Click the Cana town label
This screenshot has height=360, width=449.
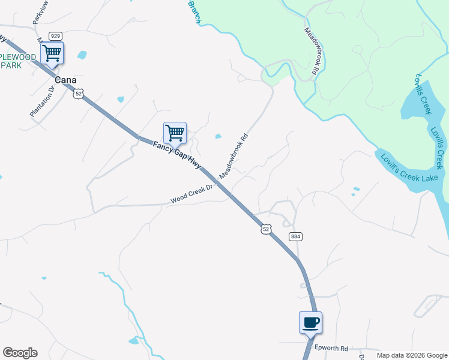(x=66, y=79)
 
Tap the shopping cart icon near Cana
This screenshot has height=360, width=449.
(x=52, y=53)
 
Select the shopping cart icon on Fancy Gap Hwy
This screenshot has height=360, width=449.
(x=175, y=133)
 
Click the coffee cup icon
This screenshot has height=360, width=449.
(x=310, y=322)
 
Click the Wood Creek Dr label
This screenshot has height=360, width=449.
(x=191, y=193)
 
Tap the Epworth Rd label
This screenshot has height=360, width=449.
(x=331, y=348)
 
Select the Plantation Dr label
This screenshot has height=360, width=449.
(x=42, y=101)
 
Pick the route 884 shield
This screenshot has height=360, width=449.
(x=295, y=236)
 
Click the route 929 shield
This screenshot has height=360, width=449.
(x=56, y=36)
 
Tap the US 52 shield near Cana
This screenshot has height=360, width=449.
(x=78, y=94)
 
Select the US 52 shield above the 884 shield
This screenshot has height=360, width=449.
(x=267, y=229)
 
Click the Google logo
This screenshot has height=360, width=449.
(x=20, y=353)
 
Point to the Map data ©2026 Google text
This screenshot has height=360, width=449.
(x=411, y=355)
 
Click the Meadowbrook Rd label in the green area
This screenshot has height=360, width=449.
(x=310, y=51)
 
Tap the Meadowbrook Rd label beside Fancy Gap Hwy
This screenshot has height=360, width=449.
(x=234, y=155)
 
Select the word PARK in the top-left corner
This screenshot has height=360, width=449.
(x=11, y=65)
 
